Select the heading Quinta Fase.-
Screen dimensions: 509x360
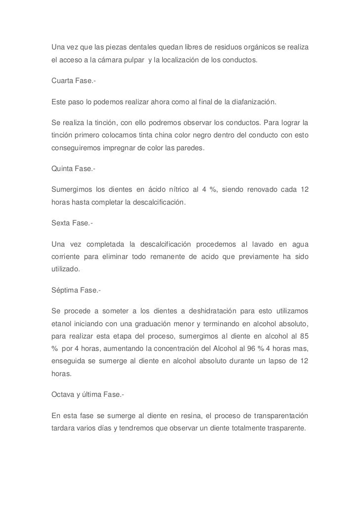click(x=73, y=169)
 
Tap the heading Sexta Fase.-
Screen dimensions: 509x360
click(x=71, y=223)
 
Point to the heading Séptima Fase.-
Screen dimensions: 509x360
click(x=76, y=291)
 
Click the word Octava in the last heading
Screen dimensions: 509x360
click(x=63, y=394)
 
